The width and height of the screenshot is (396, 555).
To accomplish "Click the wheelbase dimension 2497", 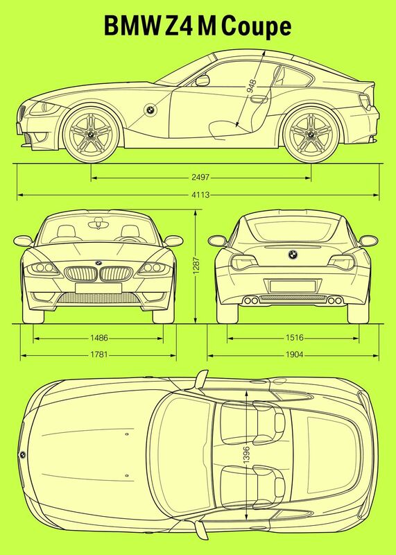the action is pyautogui.click(x=200, y=177).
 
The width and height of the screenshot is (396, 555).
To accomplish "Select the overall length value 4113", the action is pyautogui.click(x=200, y=195).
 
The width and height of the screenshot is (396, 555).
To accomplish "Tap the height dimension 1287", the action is pyautogui.click(x=196, y=266).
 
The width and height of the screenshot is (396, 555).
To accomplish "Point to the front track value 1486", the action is pyautogui.click(x=98, y=338).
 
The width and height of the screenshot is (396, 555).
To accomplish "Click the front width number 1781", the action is pyautogui.click(x=98, y=355).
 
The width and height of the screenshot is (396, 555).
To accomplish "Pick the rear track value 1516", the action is pyautogui.click(x=295, y=338).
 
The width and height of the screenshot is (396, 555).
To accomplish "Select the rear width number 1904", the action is pyautogui.click(x=295, y=355).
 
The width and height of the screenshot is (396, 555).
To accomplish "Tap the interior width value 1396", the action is pyautogui.click(x=247, y=454).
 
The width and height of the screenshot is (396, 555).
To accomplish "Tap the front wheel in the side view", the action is pyautogui.click(x=91, y=134).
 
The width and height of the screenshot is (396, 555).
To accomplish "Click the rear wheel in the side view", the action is pyautogui.click(x=311, y=134).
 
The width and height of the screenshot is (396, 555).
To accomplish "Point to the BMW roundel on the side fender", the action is pyautogui.click(x=150, y=110).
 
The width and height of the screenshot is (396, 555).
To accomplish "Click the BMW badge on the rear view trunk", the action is pyautogui.click(x=293, y=254).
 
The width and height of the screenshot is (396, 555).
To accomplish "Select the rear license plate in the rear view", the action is pyautogui.click(x=292, y=286).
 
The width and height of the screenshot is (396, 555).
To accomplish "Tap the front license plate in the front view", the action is pyautogui.click(x=98, y=288).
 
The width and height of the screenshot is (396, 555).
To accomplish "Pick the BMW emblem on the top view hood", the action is pyautogui.click(x=22, y=455).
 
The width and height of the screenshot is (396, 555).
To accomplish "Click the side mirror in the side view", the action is pyautogui.click(x=203, y=80).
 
